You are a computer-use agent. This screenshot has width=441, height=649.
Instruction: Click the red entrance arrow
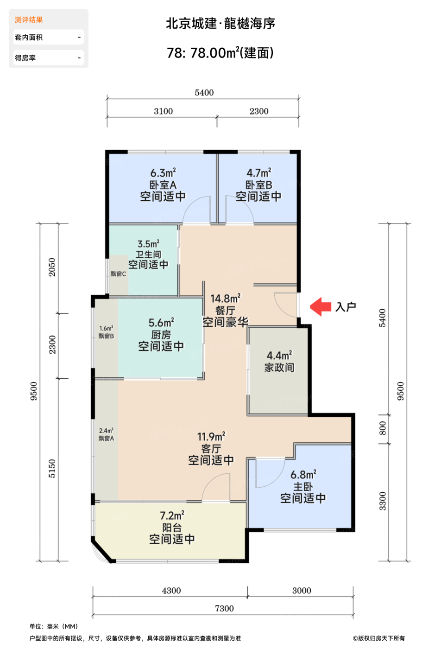(x=320, y=306)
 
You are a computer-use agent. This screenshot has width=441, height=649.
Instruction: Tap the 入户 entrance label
(x=346, y=307)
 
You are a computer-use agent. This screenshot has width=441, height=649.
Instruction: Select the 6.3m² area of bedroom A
(x=163, y=173)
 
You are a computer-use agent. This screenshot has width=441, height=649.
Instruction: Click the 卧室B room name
(x=259, y=185)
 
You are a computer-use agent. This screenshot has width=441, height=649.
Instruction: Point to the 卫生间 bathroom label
(x=148, y=255)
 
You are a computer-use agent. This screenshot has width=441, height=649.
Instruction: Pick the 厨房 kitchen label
(x=161, y=335)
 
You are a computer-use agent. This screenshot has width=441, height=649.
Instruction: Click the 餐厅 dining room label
(x=225, y=311)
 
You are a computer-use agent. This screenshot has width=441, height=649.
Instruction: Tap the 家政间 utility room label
(x=279, y=368)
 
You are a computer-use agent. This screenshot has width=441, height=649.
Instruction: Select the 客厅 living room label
(x=211, y=449)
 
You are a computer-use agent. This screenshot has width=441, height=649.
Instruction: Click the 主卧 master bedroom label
(x=303, y=486)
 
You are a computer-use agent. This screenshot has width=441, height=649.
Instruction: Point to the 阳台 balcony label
(x=172, y=528)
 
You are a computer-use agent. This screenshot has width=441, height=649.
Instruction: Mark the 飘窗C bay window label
(x=118, y=274)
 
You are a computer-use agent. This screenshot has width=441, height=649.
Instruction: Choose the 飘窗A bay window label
(x=106, y=439)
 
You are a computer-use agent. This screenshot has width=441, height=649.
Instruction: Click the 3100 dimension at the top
(x=164, y=111)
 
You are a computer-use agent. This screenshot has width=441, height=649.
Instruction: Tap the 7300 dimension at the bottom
(x=224, y=608)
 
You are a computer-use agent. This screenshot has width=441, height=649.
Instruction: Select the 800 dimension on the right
(x=383, y=428)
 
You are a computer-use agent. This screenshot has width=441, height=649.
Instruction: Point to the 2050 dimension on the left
(x=52, y=267)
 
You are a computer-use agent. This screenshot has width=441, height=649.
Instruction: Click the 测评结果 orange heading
(x=29, y=19)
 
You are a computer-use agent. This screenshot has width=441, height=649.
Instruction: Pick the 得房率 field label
(x=25, y=58)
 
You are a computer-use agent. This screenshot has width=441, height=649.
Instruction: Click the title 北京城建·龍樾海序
(x=220, y=24)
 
